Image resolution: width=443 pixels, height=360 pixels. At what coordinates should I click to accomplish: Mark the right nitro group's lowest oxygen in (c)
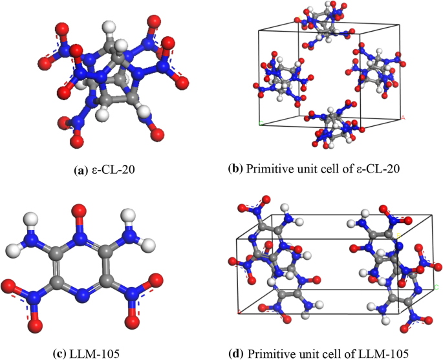133,319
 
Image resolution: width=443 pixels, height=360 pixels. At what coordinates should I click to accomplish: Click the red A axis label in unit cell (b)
402,118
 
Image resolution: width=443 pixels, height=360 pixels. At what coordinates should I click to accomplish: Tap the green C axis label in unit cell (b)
259,122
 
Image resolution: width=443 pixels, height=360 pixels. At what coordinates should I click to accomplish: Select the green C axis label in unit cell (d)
437,286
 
